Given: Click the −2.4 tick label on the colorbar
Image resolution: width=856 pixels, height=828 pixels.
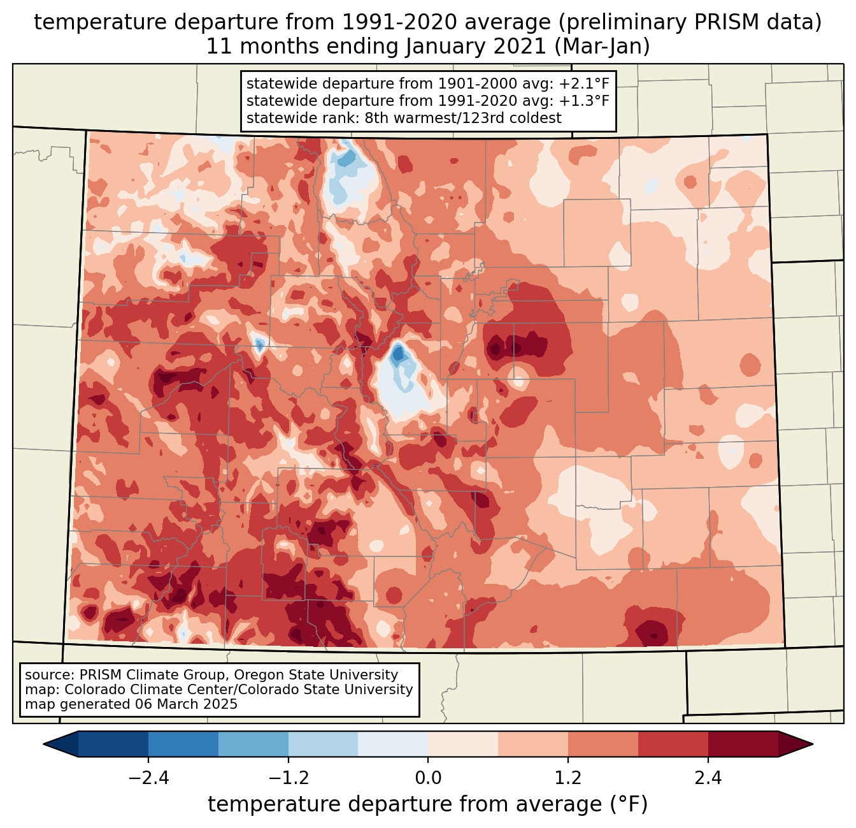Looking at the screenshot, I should click(x=148, y=778).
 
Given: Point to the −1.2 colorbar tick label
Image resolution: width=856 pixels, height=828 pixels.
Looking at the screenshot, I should click(x=288, y=778).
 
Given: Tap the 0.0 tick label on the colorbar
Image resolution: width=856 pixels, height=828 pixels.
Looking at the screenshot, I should click(x=428, y=778).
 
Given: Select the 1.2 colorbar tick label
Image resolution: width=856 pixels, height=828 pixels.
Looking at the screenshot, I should click(x=568, y=778).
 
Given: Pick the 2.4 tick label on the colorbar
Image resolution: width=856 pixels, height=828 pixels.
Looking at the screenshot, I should click(x=708, y=778).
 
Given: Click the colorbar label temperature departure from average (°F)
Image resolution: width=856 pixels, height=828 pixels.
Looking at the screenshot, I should click(x=427, y=804).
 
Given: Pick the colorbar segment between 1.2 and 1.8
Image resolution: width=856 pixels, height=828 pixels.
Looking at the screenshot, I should click(x=603, y=744).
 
